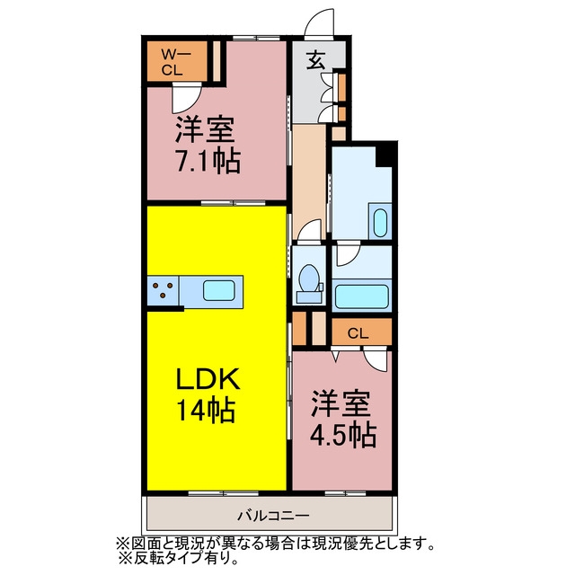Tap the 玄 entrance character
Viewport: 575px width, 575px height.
coord(316,60)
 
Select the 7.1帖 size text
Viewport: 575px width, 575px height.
coord(208,161)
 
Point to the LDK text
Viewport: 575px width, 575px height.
coord(208,378)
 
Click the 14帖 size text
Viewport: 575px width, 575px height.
coord(206,411)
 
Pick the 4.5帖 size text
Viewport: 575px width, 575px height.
coord(343,435)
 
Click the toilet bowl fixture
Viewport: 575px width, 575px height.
coord(309,284)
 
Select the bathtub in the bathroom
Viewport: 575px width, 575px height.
coord(361,297)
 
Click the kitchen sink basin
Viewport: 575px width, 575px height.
coord(219,290)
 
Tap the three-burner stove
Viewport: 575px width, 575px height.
coord(163,290)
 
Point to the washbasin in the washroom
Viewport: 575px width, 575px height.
coord(380,223)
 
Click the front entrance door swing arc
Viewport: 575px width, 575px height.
coord(320,22)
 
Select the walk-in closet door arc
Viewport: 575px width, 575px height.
coord(186,98)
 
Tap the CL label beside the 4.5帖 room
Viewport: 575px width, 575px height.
coord(358,333)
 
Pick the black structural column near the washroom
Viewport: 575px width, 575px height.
coord(386,154)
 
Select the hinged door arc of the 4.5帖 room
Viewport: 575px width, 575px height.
coord(376,360)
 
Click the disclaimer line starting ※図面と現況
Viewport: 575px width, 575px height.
coord(276,544)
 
